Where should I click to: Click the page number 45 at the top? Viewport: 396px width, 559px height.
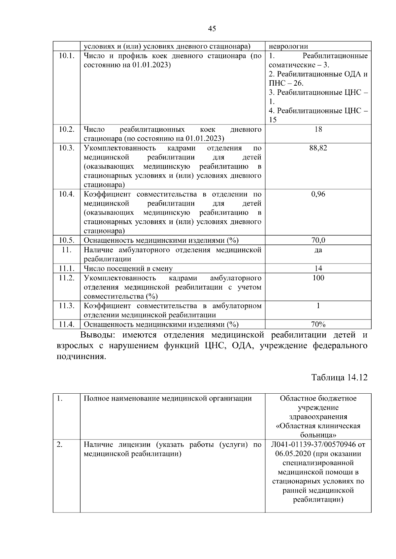(212, 29)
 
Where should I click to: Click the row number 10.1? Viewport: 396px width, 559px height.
(66, 55)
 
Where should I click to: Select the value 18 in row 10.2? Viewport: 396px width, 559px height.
(318, 129)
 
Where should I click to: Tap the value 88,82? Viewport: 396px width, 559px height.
(318, 148)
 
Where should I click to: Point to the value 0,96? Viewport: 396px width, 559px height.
(318, 194)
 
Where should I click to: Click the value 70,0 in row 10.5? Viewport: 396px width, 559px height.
(318, 240)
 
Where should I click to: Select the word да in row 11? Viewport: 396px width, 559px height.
(318, 250)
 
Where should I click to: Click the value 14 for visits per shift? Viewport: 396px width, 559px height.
(318, 268)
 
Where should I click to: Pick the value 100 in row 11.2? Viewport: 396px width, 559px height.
(318, 278)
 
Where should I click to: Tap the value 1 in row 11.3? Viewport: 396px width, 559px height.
(318, 306)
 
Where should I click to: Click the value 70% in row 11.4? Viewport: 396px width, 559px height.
(318, 324)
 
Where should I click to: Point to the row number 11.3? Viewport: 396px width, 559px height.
(66, 306)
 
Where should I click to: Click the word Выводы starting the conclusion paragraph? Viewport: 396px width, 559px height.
(98, 335)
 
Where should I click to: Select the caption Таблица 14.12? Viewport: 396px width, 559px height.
(339, 377)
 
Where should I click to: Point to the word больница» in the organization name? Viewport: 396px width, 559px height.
(318, 435)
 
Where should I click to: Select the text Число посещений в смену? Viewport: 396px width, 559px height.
(128, 268)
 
